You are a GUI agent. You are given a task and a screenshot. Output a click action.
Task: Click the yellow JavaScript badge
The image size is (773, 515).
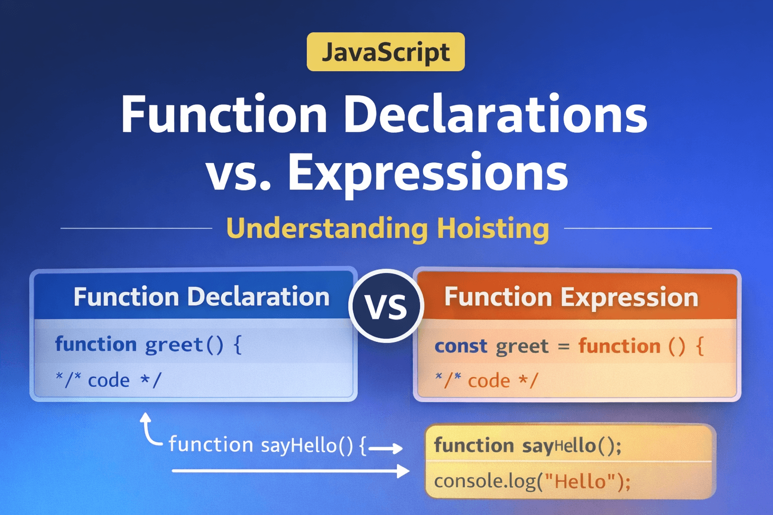click(385, 52)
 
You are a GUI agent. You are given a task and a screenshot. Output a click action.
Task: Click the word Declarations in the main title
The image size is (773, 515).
click(495, 114)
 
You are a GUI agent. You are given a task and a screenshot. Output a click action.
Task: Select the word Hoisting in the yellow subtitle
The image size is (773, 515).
click(493, 228)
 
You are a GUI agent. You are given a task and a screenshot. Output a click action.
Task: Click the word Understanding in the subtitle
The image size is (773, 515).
click(327, 228)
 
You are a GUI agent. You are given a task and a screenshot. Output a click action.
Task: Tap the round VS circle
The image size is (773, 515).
click(386, 306)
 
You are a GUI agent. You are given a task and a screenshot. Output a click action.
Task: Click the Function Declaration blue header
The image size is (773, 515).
click(201, 296)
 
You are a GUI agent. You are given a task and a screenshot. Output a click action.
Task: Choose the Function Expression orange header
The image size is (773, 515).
click(571, 297)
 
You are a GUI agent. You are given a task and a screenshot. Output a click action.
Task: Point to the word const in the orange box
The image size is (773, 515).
click(460, 347)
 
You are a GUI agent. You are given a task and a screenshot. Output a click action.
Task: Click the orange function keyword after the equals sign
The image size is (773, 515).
click(619, 347)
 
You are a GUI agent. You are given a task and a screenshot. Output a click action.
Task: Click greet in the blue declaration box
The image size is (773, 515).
click(174, 345)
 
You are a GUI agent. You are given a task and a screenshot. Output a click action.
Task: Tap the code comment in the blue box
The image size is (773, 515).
click(108, 380)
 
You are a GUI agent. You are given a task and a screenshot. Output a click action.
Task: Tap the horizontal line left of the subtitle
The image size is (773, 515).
click(136, 228)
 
